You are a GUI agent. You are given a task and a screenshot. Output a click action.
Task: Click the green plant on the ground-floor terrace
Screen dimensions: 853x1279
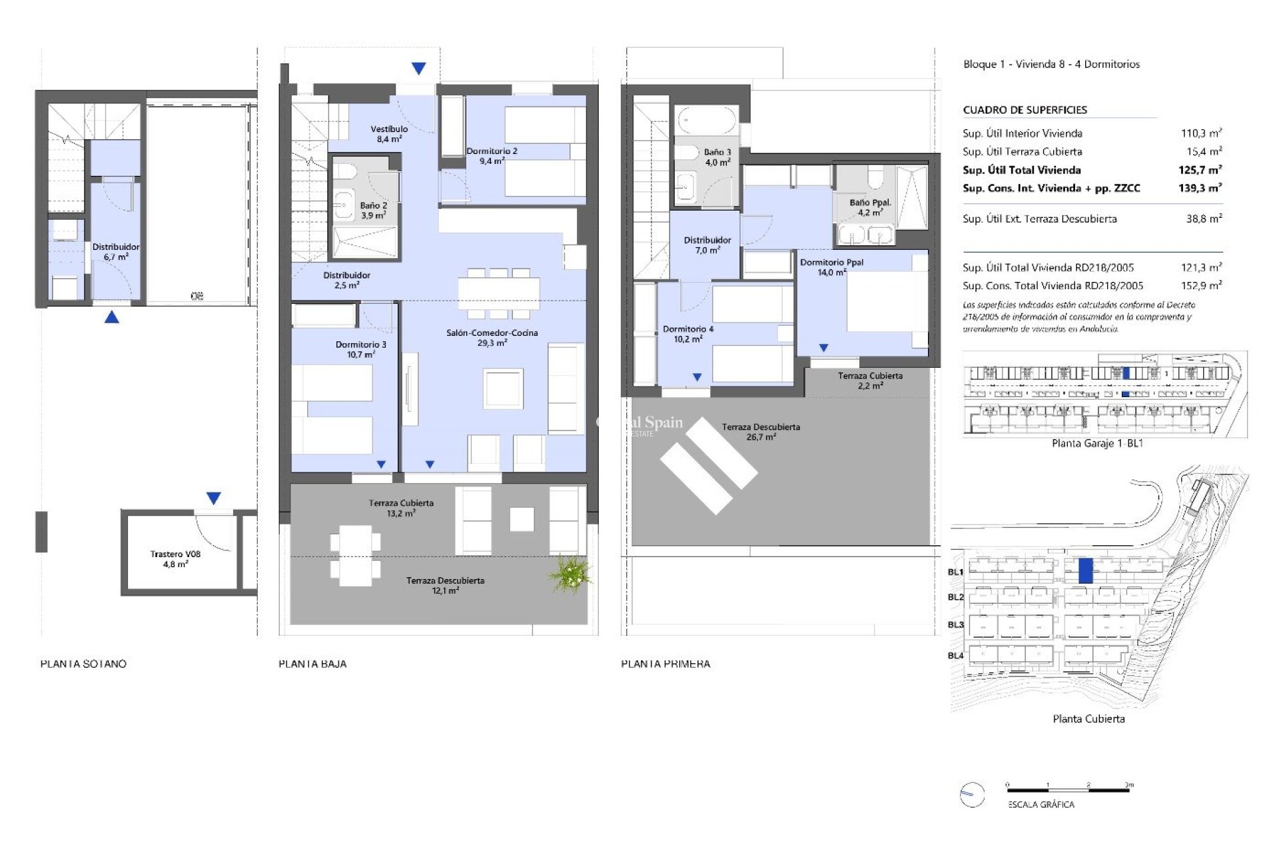tap(570, 574)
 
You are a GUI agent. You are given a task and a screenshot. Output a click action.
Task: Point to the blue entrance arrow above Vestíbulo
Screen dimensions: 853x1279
tap(418, 68)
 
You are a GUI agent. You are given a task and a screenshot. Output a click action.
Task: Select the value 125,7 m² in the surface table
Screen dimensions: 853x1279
tap(1200, 170)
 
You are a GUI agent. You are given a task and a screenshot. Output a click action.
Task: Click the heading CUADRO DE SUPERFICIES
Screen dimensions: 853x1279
tap(1025, 110)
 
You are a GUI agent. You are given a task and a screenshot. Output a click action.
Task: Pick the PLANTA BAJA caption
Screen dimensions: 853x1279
tap(312, 664)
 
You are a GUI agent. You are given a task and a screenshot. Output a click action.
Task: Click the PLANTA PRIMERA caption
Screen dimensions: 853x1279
tap(665, 664)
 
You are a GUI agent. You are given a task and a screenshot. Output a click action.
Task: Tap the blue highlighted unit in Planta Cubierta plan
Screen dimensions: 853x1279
tap(1085, 571)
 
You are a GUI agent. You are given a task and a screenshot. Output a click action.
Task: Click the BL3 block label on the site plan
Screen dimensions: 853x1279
tap(955, 624)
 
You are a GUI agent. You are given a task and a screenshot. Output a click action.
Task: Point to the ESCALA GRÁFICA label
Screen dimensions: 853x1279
tap(1041, 804)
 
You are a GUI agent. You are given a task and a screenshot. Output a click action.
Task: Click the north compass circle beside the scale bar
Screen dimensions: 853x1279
tap(972, 794)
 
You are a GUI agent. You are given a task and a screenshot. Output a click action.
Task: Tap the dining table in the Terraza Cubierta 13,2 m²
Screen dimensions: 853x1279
tap(355, 556)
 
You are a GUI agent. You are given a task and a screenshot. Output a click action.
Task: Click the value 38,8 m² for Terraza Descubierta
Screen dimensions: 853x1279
tap(1204, 219)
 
